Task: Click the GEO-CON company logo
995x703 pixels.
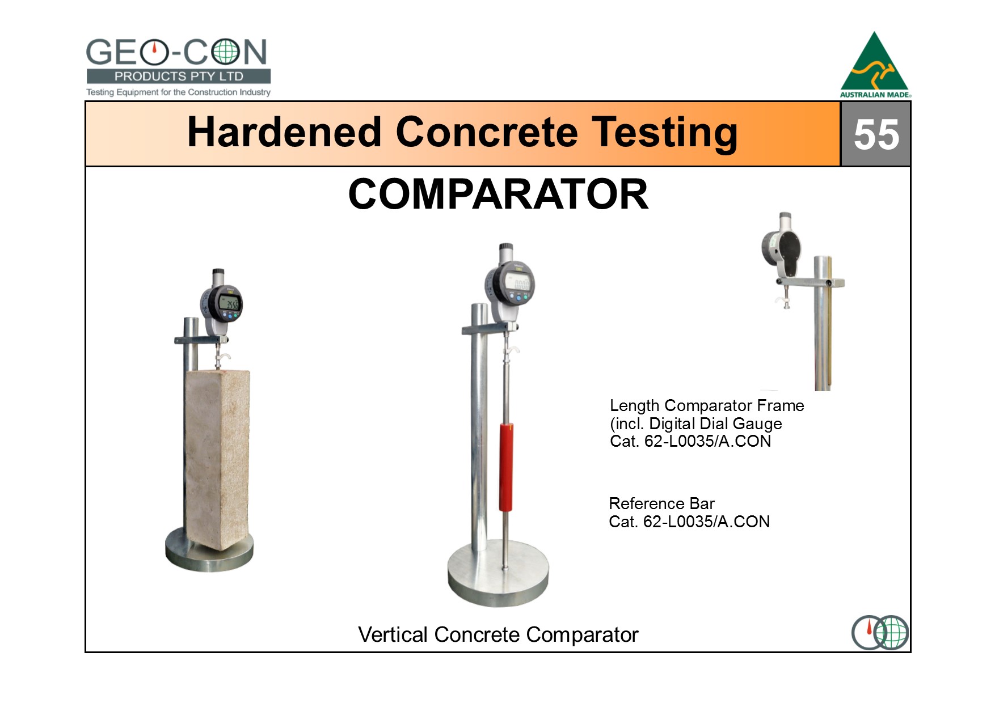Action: (x=178, y=67)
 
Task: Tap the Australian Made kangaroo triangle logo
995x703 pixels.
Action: (x=875, y=65)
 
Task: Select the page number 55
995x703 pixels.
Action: (x=876, y=134)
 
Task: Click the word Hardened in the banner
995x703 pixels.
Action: (x=284, y=132)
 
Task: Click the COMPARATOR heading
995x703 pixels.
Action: (x=498, y=194)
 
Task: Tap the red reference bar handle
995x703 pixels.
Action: (x=506, y=467)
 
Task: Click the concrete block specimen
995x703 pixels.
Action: (x=217, y=459)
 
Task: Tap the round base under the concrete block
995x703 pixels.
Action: (x=209, y=549)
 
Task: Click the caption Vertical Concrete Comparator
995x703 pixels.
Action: (x=498, y=634)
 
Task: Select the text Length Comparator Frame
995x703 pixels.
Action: (x=707, y=405)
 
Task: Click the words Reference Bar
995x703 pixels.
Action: (x=661, y=503)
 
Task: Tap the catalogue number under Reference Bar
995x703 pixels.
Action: (x=689, y=522)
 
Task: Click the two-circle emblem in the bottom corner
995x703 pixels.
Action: (x=880, y=632)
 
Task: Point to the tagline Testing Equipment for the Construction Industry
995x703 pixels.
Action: (x=178, y=92)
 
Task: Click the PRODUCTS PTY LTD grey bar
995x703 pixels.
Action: (x=178, y=77)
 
